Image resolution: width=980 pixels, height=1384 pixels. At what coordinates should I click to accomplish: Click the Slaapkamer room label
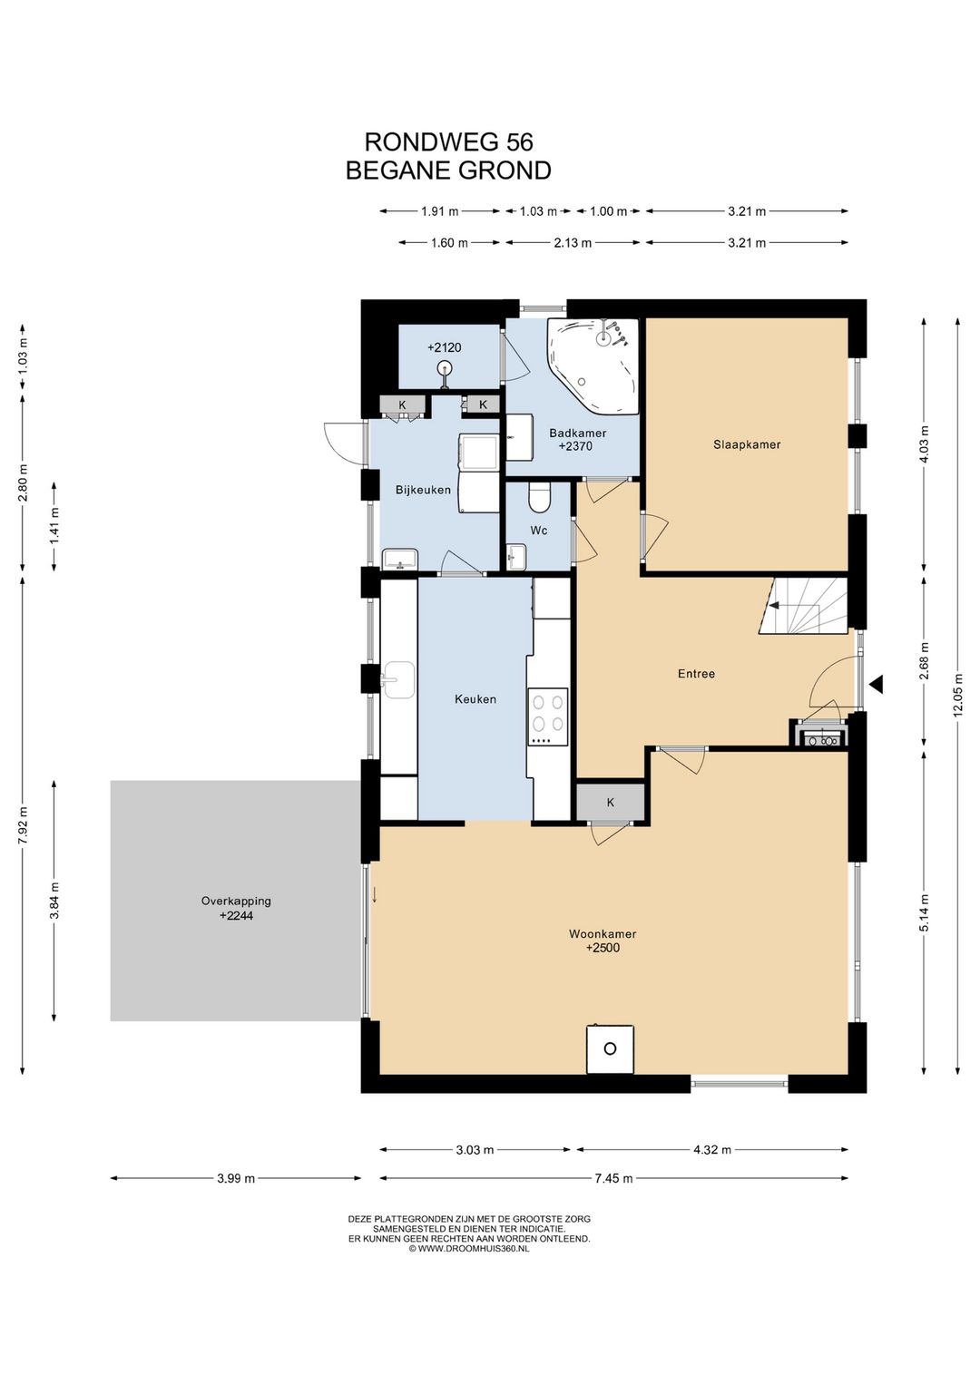click(x=746, y=444)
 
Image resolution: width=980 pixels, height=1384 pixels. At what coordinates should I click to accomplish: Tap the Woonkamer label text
click(x=603, y=933)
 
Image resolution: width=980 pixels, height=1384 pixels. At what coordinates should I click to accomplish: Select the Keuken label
click(x=475, y=698)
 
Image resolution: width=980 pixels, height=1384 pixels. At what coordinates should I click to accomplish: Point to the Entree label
click(x=696, y=674)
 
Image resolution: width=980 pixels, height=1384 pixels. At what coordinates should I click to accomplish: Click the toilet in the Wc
click(x=539, y=497)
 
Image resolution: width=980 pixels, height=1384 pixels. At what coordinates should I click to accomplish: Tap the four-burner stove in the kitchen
click(x=547, y=716)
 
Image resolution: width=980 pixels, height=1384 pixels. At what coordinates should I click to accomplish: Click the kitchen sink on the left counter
click(x=398, y=679)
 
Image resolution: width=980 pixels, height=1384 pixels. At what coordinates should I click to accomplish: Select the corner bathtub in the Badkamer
click(x=592, y=365)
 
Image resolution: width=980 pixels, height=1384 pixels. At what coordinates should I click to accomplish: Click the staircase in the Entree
click(x=802, y=606)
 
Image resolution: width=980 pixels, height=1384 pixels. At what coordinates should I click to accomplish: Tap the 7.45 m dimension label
click(x=613, y=1177)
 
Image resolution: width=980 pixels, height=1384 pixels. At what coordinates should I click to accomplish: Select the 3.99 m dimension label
click(x=236, y=1177)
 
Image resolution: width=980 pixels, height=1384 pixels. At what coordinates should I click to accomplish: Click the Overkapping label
click(x=236, y=901)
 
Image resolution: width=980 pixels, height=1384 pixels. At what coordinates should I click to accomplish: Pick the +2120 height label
click(x=444, y=347)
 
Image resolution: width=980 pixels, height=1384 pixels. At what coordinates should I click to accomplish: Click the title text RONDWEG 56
click(x=448, y=142)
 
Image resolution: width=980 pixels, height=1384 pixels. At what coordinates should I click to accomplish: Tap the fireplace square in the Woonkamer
click(x=610, y=1048)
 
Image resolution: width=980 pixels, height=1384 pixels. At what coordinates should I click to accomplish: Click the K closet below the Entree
click(x=611, y=802)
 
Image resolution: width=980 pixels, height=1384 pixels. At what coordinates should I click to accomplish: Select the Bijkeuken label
click(x=423, y=490)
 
